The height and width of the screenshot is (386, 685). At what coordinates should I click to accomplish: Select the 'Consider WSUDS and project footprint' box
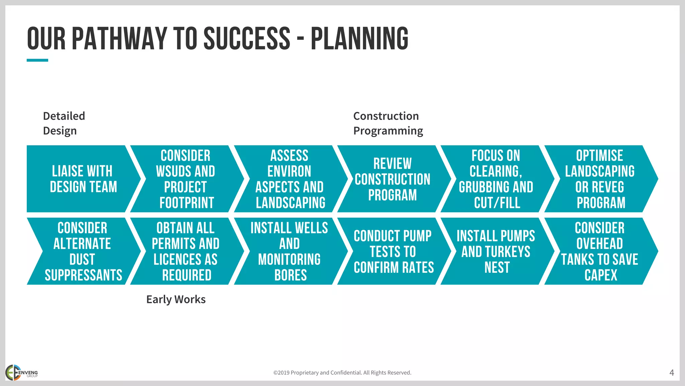[x=186, y=179]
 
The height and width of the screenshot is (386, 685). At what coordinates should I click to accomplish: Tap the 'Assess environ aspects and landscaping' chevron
[x=290, y=179]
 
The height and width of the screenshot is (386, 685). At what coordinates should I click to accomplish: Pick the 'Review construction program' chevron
[x=393, y=179]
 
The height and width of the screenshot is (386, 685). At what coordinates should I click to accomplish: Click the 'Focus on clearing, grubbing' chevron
[x=496, y=179]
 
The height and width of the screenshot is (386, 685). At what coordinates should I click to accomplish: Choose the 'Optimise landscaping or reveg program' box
[x=600, y=179]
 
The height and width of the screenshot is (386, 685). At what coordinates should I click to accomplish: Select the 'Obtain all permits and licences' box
[x=186, y=251]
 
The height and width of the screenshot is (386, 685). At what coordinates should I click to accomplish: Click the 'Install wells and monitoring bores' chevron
[x=290, y=251]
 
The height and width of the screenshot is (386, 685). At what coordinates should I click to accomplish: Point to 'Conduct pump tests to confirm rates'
[x=393, y=251]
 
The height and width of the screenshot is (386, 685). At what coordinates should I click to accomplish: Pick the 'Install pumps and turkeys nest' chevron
[x=496, y=251]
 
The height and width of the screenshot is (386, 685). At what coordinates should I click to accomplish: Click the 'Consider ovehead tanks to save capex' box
[x=600, y=251]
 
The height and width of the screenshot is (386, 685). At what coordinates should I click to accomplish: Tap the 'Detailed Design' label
[x=64, y=123]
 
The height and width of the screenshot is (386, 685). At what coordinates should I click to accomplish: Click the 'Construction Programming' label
[x=388, y=123]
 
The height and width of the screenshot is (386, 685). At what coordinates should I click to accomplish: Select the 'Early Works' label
[x=176, y=299]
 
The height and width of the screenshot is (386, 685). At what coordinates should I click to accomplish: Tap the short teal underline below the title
[x=37, y=60]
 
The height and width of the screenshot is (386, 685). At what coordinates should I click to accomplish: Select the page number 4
[x=671, y=373]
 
